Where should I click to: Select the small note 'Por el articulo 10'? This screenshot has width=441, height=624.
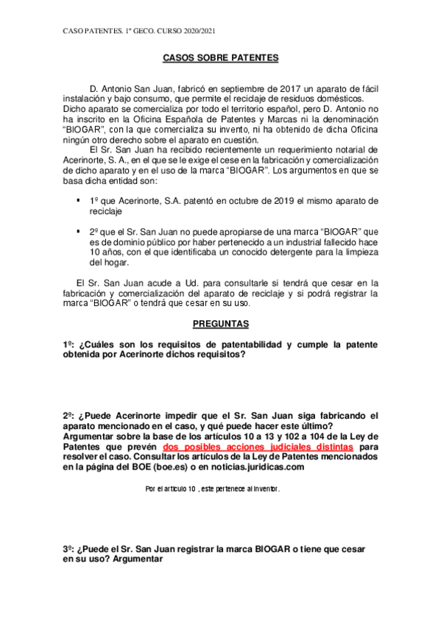(x=171, y=489)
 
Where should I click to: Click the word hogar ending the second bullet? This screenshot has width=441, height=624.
(x=117, y=262)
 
